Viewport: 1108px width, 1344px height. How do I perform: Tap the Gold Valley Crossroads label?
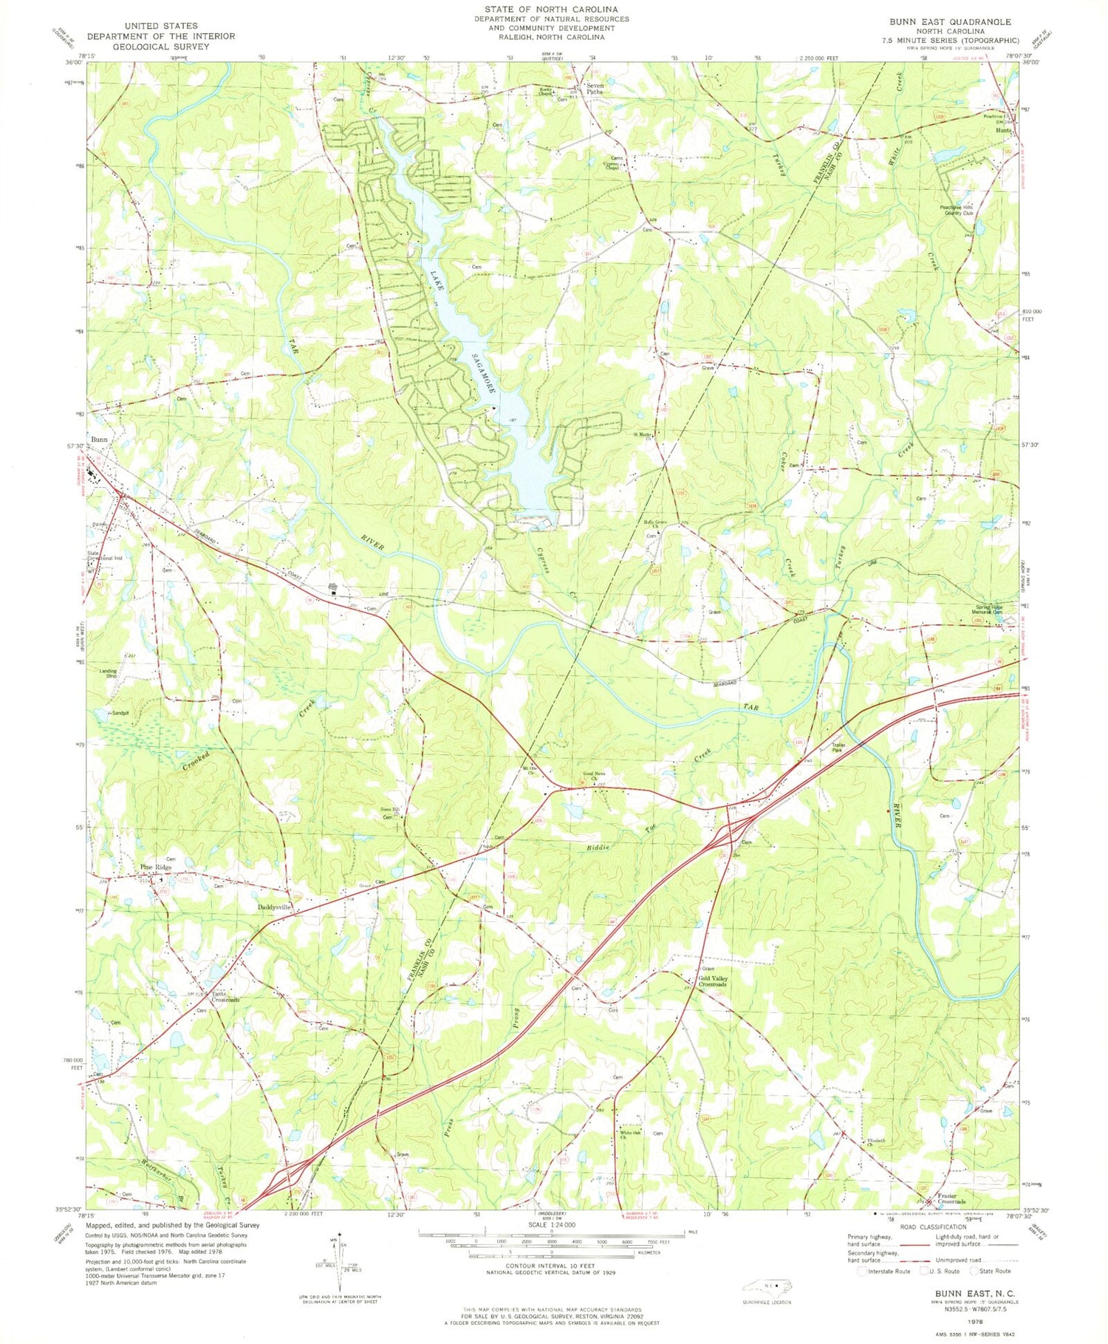pos(713,980)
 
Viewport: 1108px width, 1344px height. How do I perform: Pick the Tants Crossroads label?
pos(225,997)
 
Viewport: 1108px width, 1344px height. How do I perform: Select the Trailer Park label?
pos(838,746)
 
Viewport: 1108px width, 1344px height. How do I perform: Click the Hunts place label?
pos(1003,131)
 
